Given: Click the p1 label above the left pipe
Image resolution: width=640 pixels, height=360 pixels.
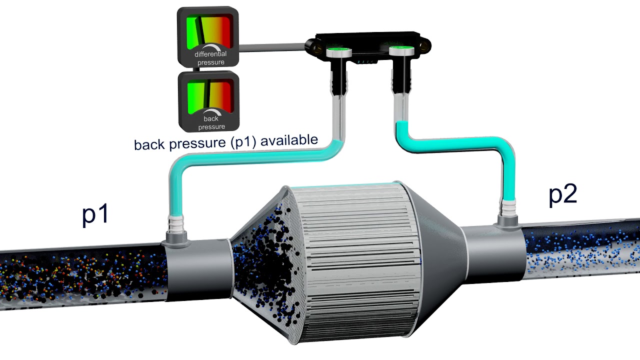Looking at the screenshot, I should (95, 215).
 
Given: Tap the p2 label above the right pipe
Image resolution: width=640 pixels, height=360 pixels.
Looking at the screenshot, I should (562, 194).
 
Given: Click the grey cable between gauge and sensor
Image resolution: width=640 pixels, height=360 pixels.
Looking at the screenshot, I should (272, 48).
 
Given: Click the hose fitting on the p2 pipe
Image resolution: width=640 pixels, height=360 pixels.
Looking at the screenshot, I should (508, 212).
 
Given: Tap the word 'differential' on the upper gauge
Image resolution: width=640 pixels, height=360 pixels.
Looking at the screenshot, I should (210, 54).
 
